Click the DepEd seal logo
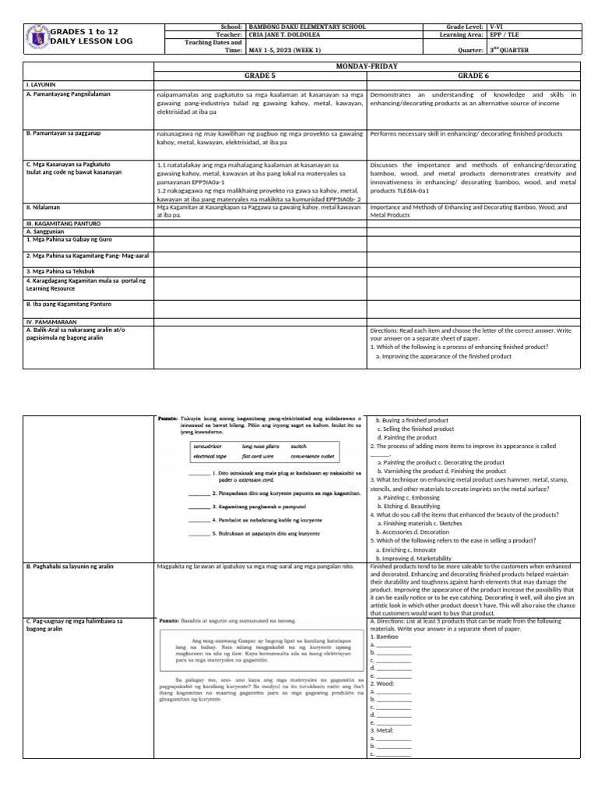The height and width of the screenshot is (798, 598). (38, 37)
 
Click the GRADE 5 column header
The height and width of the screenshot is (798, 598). (259, 78)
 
